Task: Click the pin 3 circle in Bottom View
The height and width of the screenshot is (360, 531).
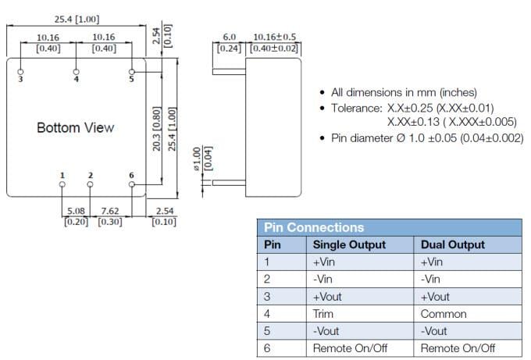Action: (x=20, y=71)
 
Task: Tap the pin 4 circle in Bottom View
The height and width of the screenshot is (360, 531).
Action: (x=76, y=71)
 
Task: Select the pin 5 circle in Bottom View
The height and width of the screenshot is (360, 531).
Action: (x=132, y=71)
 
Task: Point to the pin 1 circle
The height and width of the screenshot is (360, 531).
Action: (x=62, y=184)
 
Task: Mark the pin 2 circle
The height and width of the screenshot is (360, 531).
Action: (x=91, y=184)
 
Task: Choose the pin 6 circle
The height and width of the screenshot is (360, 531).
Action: (x=132, y=184)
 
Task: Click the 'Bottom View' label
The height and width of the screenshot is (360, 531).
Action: (x=75, y=127)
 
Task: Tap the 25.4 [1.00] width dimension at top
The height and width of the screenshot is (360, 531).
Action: (x=75, y=19)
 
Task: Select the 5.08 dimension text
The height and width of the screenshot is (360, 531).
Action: (x=77, y=211)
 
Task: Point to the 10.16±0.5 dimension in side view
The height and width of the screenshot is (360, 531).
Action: (x=274, y=37)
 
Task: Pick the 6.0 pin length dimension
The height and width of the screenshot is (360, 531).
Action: (x=229, y=37)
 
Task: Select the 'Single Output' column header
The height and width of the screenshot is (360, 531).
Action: (x=348, y=245)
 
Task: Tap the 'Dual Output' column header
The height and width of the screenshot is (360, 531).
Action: (x=452, y=245)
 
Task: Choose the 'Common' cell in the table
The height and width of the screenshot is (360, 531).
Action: (x=443, y=314)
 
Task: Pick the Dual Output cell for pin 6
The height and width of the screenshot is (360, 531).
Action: (x=458, y=348)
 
